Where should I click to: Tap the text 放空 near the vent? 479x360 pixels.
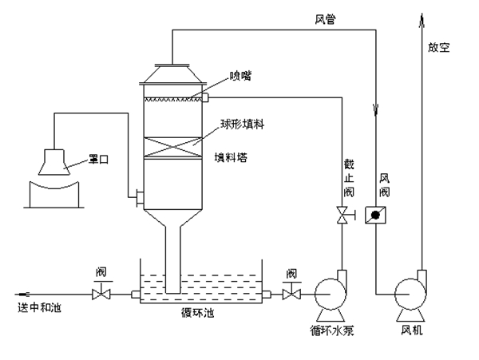[x=438, y=47]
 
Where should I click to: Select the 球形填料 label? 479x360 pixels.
[x=241, y=126]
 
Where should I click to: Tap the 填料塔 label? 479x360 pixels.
[x=231, y=158]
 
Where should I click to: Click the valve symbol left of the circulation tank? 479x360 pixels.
[x=101, y=295]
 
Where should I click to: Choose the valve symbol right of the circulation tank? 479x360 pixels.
[x=292, y=295]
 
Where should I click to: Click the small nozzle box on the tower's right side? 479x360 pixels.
[x=204, y=97]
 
